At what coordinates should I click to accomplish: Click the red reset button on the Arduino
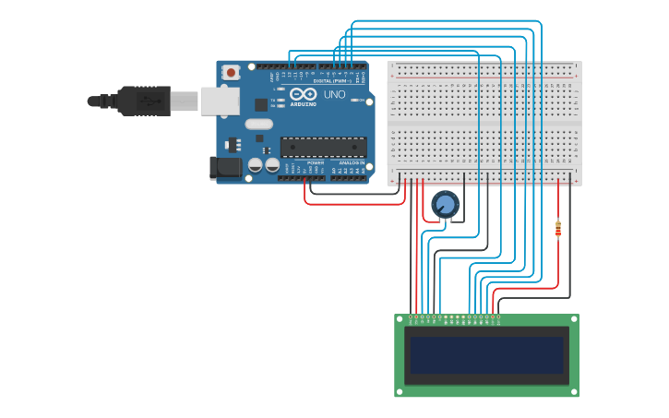229,71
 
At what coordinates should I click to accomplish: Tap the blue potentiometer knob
446,204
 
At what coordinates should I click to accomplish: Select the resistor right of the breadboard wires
558,228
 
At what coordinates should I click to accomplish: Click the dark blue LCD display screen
487,355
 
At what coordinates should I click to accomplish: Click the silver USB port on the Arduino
219,101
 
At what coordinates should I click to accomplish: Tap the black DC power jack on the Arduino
224,167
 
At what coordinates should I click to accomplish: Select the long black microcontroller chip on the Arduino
323,147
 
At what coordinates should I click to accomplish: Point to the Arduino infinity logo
303,94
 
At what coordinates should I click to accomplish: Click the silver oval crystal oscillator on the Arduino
259,124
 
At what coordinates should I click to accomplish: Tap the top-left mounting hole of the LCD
400,319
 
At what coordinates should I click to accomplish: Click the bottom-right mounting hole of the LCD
574,391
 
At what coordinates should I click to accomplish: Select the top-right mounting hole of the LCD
574,319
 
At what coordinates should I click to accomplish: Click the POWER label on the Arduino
315,162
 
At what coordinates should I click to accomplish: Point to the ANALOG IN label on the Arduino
352,162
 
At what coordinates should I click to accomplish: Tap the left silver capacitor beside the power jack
254,165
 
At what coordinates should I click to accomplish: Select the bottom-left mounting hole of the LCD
400,391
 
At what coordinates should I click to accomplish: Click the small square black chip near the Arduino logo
261,104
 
